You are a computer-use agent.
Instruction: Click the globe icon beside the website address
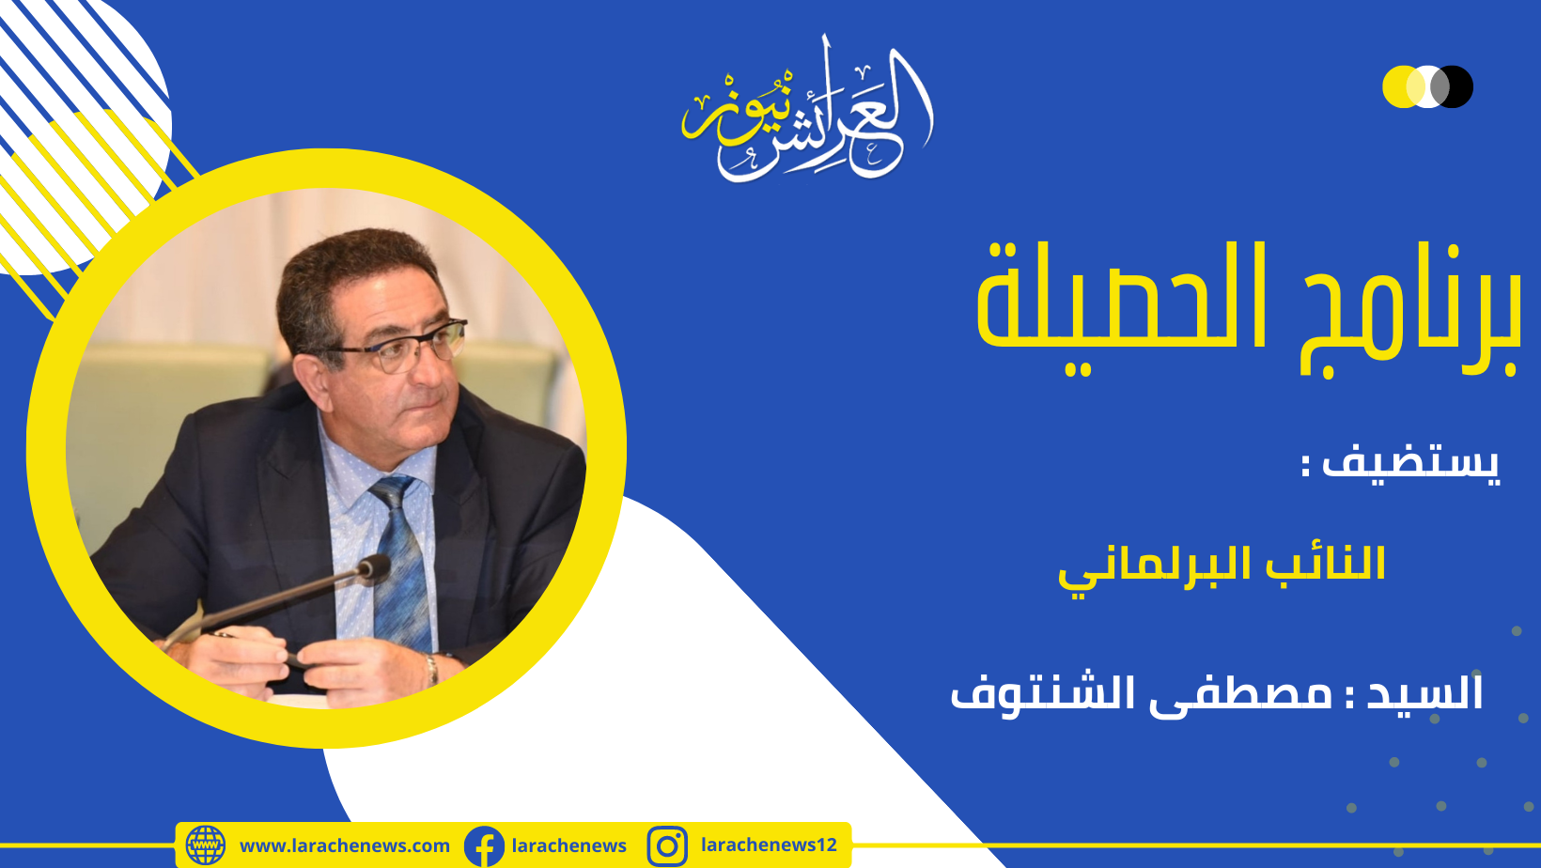205,845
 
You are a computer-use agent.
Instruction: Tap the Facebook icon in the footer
484,846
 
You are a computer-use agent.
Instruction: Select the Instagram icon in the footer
666,846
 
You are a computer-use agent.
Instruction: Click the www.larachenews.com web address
344,845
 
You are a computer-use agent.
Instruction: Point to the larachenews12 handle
769,845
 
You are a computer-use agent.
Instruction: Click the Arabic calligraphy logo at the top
807,110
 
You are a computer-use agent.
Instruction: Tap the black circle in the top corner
1453,86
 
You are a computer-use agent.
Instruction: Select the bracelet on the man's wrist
431,669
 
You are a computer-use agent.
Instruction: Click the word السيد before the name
1424,692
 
